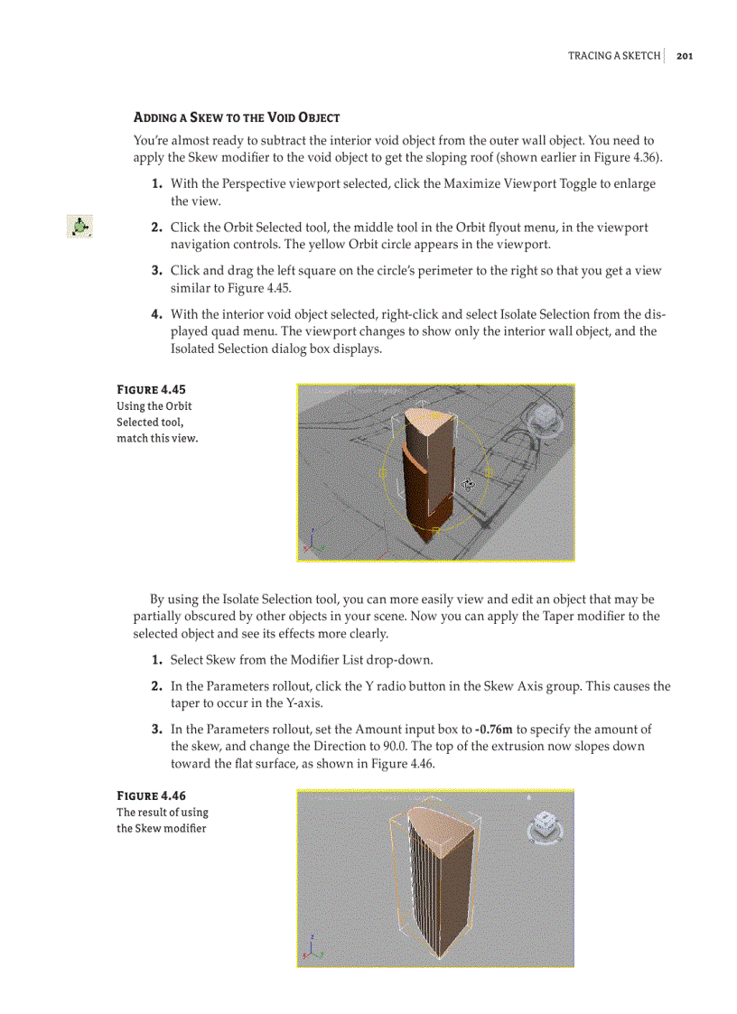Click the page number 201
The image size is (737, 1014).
tap(684, 56)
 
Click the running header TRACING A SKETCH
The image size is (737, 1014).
tap(613, 56)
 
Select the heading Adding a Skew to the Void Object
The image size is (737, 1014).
tap(236, 117)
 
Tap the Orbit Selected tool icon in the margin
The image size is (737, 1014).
tap(80, 228)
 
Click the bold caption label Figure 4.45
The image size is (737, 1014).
tap(151, 389)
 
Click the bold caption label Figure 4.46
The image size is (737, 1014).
tap(151, 795)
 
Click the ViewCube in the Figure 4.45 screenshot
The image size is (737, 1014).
tap(545, 418)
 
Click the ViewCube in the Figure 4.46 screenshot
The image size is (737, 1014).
tap(545, 825)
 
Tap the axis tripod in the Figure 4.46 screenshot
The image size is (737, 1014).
tap(313, 949)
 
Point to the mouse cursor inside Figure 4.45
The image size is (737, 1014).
tap(468, 484)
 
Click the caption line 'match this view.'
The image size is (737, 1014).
tap(156, 438)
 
